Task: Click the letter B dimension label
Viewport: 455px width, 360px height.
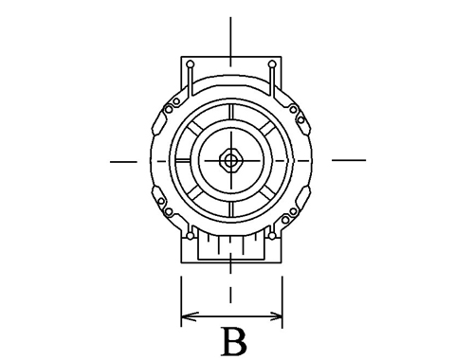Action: point(235,342)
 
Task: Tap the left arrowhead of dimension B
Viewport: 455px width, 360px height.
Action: point(189,316)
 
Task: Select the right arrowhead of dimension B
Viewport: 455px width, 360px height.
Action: point(274,316)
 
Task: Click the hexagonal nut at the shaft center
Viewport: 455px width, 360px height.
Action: point(231,161)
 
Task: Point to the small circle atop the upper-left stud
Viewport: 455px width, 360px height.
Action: point(191,64)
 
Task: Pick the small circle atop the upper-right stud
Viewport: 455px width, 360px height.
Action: point(272,64)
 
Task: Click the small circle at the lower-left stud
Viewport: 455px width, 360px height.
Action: point(190,236)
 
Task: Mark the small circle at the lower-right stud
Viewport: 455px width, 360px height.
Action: point(272,236)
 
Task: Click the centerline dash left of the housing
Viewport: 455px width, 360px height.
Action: point(123,162)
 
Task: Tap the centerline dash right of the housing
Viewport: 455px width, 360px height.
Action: point(349,160)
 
